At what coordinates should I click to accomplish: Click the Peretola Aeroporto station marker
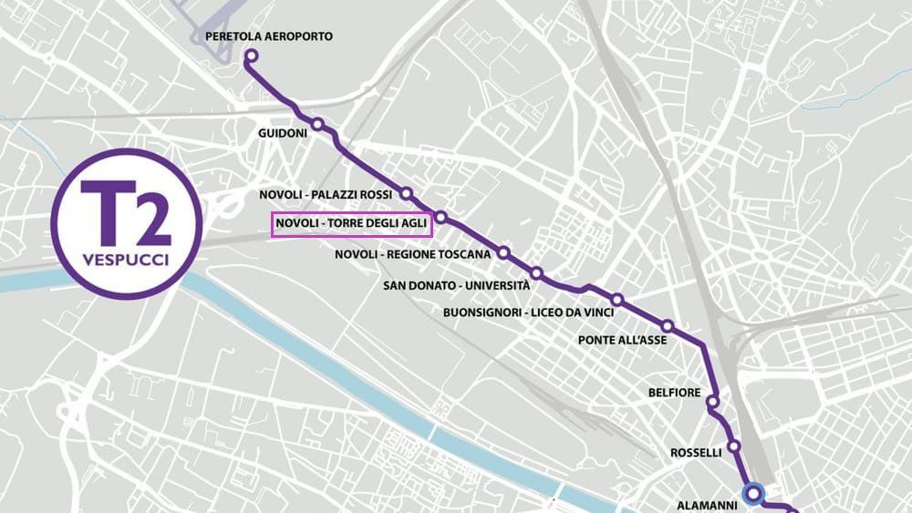pos(251,56)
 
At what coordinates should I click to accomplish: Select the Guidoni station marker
pos(317,125)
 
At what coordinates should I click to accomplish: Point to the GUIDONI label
pos(283,132)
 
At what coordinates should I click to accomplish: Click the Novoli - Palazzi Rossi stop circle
pos(407,194)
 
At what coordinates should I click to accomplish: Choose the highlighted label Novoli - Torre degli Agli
pos(352,224)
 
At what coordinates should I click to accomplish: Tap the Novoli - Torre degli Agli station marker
pos(440,217)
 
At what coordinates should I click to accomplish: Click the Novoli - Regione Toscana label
pos(413,254)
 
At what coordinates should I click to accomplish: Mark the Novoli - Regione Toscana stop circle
pos(503,252)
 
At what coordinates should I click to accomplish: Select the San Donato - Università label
pos(456,285)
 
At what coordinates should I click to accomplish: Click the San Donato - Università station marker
pos(537,273)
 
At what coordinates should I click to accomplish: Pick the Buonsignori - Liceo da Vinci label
pos(528,313)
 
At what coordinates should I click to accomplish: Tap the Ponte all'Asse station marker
pos(668,326)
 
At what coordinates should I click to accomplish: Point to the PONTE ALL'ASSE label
pos(623,340)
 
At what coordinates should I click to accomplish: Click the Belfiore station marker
pos(712,401)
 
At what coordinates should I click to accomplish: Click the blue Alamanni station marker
pos(752,494)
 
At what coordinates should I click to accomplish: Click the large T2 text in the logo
pos(125,214)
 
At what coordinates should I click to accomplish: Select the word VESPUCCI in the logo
pos(125,259)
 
